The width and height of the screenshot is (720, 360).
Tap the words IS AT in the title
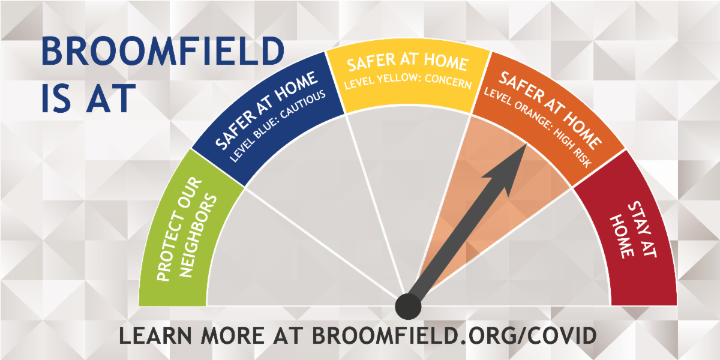(86, 98)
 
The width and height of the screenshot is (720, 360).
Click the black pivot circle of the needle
(409, 307)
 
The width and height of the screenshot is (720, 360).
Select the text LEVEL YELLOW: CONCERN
(408, 84)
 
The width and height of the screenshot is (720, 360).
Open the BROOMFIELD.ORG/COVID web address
(454, 335)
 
